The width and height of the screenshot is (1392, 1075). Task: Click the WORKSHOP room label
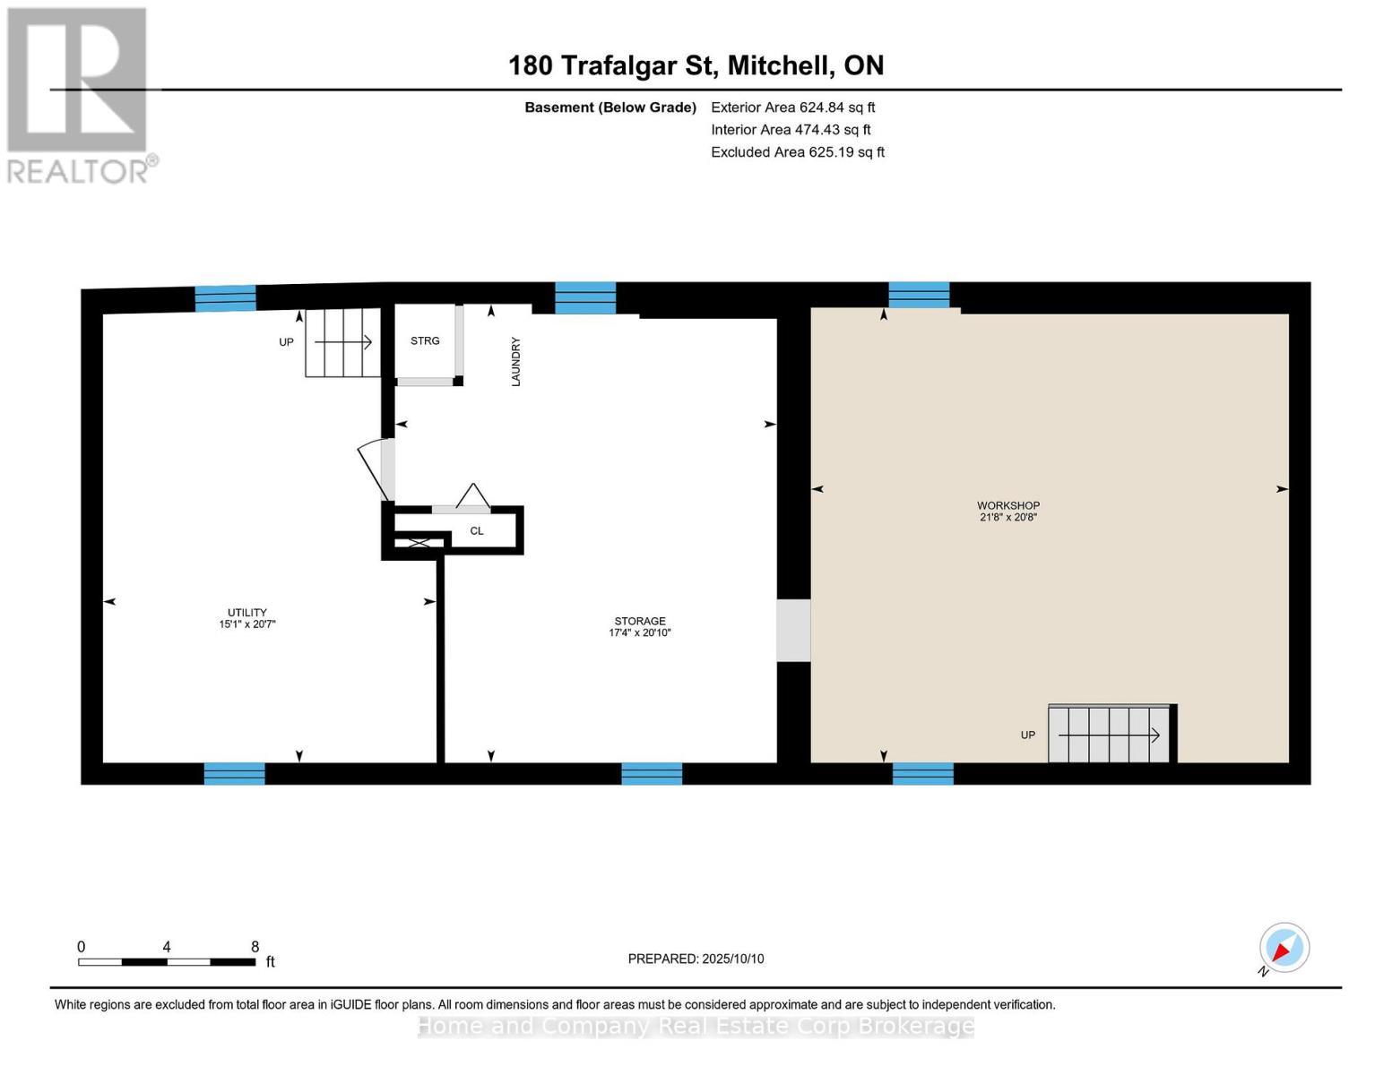click(x=1007, y=511)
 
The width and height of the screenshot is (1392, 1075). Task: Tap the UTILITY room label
click(x=246, y=618)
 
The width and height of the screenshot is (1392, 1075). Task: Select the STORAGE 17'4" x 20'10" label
click(x=639, y=626)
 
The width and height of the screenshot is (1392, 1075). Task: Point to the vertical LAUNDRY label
click(x=515, y=361)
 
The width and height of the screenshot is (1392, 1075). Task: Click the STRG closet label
click(x=425, y=340)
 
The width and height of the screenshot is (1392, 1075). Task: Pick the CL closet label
click(x=477, y=530)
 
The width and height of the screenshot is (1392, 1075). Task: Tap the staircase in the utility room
click(x=342, y=342)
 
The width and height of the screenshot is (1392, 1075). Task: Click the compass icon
click(x=1284, y=948)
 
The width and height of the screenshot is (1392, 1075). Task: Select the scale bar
click(x=167, y=961)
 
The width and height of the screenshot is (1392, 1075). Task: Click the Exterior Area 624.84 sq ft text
click(x=792, y=107)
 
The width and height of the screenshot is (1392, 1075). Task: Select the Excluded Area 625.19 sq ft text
click(x=798, y=152)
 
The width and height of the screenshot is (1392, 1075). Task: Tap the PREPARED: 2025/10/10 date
click(x=696, y=959)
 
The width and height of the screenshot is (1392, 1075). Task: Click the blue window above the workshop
click(x=919, y=295)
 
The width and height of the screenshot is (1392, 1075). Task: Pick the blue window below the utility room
click(x=235, y=773)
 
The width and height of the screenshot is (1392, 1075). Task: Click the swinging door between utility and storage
click(x=376, y=469)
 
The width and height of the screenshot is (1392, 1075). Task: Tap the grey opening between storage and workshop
click(x=793, y=630)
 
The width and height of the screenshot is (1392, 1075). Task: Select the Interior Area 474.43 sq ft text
click(x=791, y=130)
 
